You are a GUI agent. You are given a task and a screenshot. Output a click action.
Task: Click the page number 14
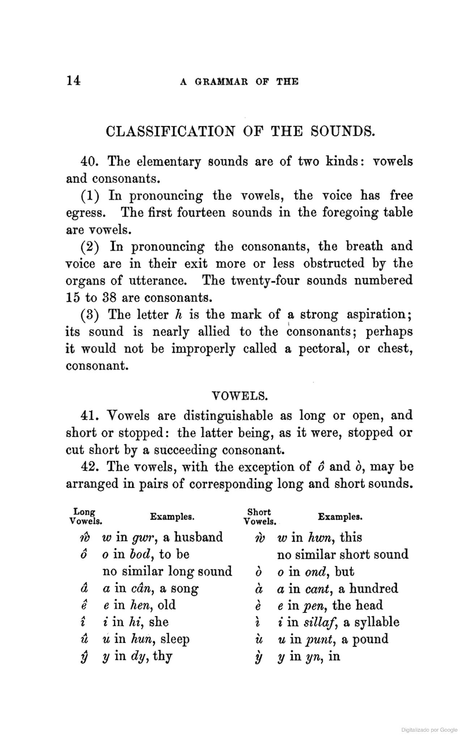click(73, 81)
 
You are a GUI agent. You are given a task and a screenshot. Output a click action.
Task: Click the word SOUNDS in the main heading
click(343, 131)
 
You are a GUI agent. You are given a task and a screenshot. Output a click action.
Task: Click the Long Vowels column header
click(85, 517)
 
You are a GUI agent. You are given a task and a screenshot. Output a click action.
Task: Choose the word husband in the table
click(198, 537)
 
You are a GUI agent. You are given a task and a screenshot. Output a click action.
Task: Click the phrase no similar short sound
click(343, 554)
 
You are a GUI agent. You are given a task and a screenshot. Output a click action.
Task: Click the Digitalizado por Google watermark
click(429, 730)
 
